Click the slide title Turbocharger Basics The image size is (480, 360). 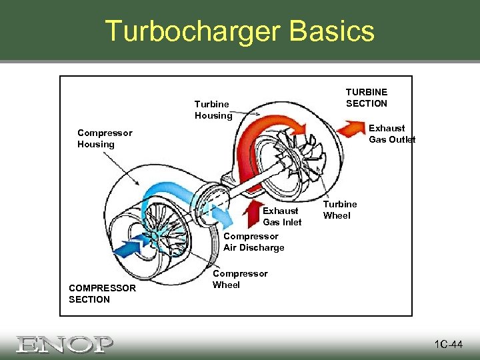[x=240, y=31]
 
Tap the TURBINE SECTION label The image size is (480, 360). [x=366, y=97]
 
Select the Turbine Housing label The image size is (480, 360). [x=213, y=109]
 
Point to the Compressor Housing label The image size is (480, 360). [x=105, y=138]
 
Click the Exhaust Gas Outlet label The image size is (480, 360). [x=392, y=133]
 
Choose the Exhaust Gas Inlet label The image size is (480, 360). [x=282, y=216]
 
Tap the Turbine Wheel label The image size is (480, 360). [x=340, y=209]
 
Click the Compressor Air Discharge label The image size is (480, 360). [x=254, y=241]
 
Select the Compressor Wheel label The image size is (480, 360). [x=240, y=279]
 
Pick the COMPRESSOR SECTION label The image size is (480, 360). [x=102, y=293]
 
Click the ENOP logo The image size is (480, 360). [x=65, y=344]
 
